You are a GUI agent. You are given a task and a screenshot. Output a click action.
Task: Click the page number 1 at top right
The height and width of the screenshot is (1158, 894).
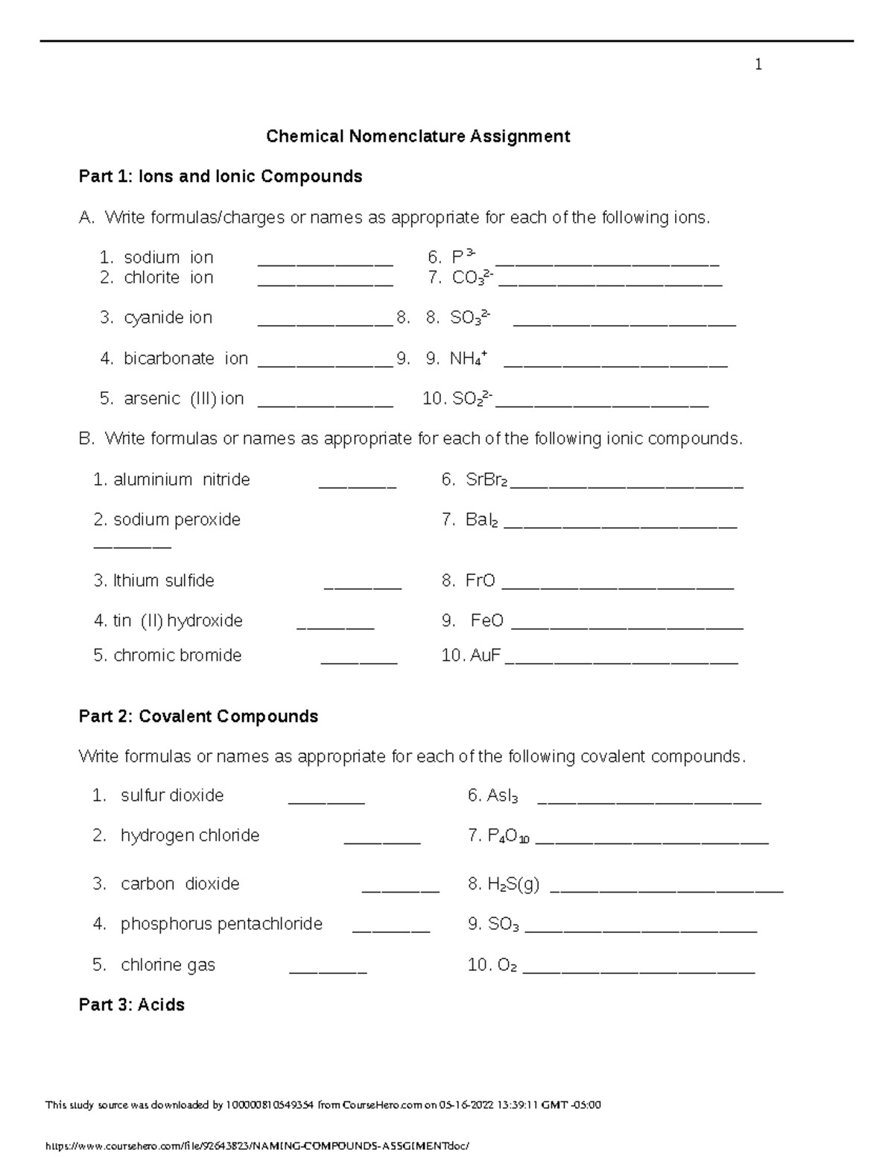coord(758,65)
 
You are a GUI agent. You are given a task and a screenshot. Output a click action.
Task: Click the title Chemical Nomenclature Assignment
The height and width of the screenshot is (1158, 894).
coord(418,136)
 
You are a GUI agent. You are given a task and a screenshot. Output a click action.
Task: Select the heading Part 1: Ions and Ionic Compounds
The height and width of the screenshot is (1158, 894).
coord(221,177)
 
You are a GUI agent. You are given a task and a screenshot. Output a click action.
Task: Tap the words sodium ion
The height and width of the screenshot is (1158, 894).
coord(168,258)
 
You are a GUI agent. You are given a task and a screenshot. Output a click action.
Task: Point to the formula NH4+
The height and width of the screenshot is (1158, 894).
coord(468,359)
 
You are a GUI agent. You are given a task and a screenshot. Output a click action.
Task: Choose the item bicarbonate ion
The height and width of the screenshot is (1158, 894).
coord(186,359)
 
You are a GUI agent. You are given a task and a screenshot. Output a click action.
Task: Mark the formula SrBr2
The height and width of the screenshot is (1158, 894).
coord(486,480)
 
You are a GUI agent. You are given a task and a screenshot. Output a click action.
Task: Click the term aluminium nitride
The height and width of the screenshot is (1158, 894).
coord(181,479)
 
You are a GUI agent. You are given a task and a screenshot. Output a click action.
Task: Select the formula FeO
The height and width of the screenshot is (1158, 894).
coord(486,621)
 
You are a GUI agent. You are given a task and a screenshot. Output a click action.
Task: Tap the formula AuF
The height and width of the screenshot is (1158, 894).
coord(485,656)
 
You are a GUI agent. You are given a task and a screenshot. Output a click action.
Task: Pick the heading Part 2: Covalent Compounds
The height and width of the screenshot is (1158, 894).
coord(198,717)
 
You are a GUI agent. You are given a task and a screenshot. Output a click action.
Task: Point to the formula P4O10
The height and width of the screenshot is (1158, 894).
coord(508,837)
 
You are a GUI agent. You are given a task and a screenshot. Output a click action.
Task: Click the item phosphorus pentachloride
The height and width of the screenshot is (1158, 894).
coord(221,925)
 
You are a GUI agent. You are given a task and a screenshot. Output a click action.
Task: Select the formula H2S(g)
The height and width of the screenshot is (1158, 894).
coord(513,884)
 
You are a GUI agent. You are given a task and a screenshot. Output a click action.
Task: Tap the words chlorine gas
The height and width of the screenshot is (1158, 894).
coord(168,965)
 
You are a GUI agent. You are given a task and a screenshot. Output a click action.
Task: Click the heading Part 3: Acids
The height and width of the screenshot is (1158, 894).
coord(131,1005)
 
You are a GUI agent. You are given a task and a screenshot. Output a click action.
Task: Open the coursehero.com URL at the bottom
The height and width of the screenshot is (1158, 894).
coord(258,1145)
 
